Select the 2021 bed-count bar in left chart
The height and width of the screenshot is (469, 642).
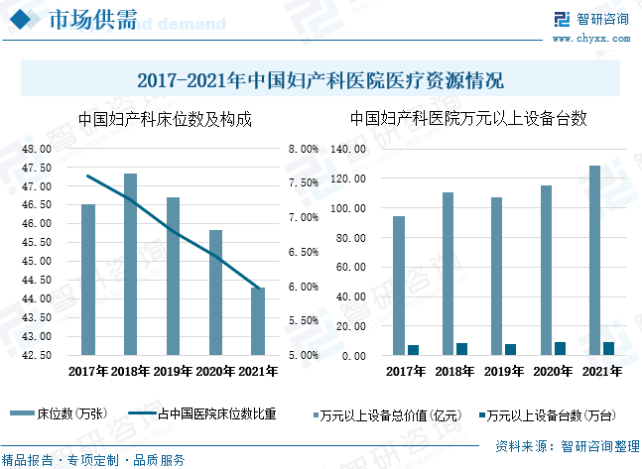click(x=258, y=320)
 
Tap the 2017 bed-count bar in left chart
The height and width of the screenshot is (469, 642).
click(x=88, y=279)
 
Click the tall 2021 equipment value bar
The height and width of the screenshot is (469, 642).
click(x=595, y=260)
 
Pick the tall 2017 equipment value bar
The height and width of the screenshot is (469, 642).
click(x=399, y=286)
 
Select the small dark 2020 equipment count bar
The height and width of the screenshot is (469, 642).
click(x=560, y=348)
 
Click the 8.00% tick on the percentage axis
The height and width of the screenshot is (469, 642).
click(x=303, y=149)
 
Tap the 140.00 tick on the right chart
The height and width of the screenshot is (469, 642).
click(x=353, y=149)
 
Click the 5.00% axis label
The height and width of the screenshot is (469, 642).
click(x=303, y=355)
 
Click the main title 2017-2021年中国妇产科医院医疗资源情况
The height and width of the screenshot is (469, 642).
click(x=321, y=80)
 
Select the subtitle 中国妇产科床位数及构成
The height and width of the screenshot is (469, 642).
click(x=164, y=120)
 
